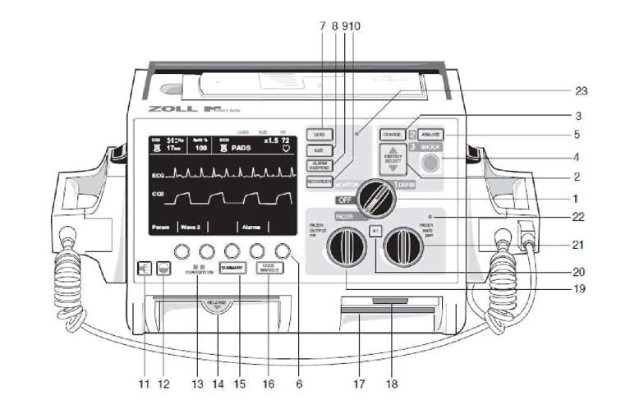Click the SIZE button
[x=319, y=150]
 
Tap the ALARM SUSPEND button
[x=319, y=165]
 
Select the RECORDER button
[x=319, y=181]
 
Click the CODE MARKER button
[x=270, y=268]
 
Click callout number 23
[x=581, y=90]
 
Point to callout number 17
[x=359, y=384]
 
